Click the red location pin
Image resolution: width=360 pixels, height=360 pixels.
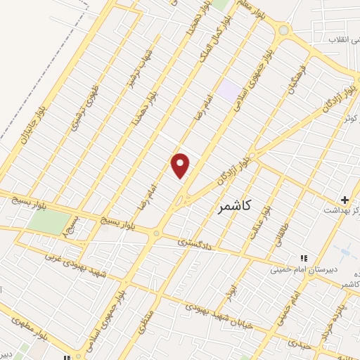coord(181,165)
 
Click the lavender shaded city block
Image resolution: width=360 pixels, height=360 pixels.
coord(228,90)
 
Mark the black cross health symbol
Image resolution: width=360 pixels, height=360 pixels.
coord(345,200)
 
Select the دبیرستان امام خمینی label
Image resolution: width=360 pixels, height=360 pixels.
coord(307,269)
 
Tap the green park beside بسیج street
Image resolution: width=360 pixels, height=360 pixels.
coord(45,224)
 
